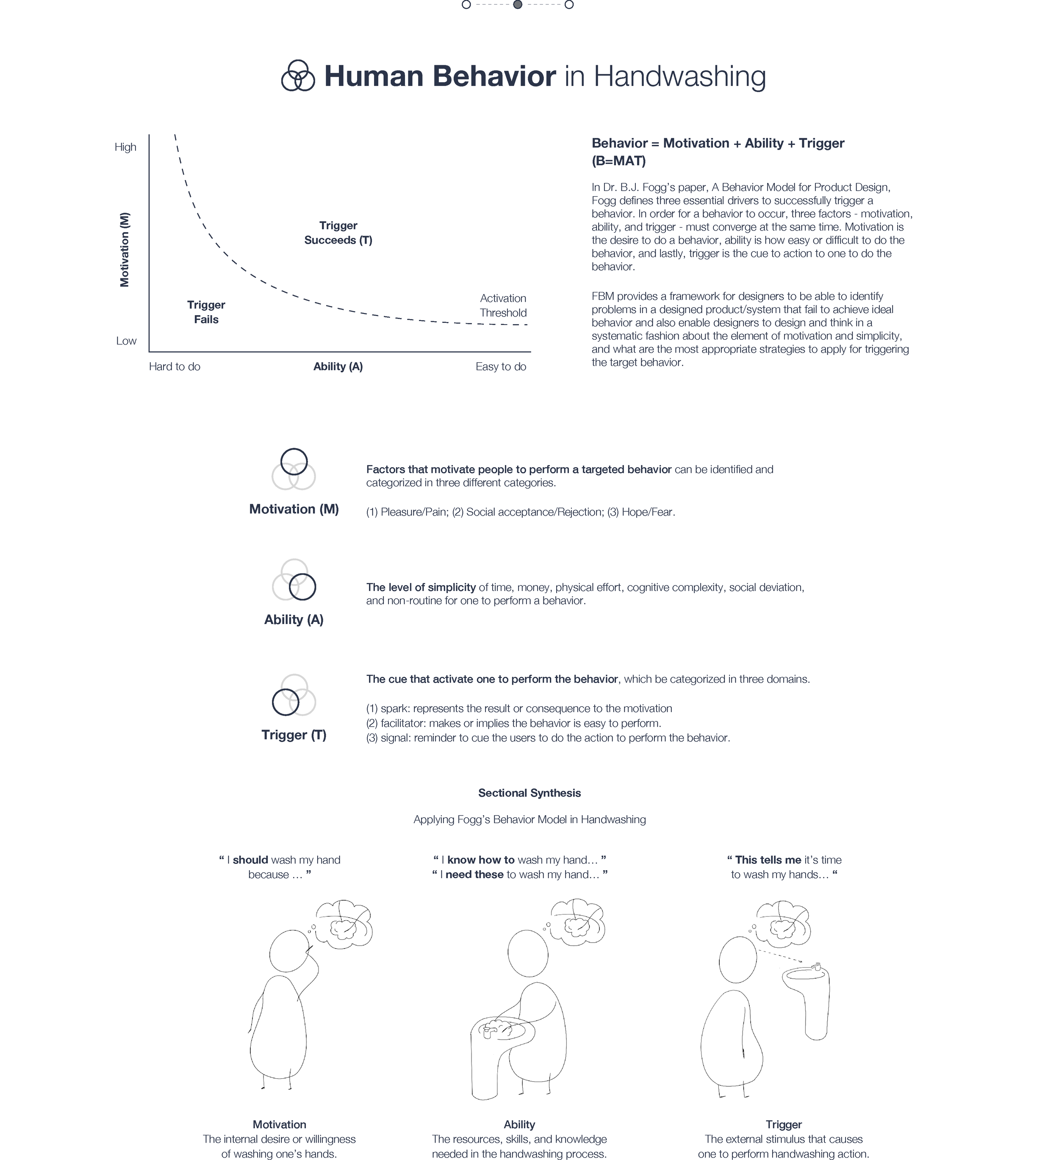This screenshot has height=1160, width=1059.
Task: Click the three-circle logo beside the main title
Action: [x=298, y=75]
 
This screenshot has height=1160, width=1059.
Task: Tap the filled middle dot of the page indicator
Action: [x=518, y=5]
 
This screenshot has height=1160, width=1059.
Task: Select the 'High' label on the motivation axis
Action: [x=125, y=147]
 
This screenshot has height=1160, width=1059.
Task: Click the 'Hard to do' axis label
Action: [x=174, y=366]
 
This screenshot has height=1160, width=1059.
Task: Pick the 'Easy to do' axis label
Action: [x=500, y=366]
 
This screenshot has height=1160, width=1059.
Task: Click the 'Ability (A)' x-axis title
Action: [x=338, y=366]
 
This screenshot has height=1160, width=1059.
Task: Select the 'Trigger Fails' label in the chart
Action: [x=206, y=312]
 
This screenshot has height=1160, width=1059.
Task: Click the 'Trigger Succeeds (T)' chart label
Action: [x=338, y=233]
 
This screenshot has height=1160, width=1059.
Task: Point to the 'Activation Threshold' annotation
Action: [x=503, y=305]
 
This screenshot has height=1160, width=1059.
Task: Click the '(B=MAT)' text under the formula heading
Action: [x=618, y=161]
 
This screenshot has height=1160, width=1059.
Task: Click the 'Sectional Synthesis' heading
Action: [x=529, y=793]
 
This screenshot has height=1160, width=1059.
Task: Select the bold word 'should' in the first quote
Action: [x=250, y=860]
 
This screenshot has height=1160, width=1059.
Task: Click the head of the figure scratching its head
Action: [x=289, y=953]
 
